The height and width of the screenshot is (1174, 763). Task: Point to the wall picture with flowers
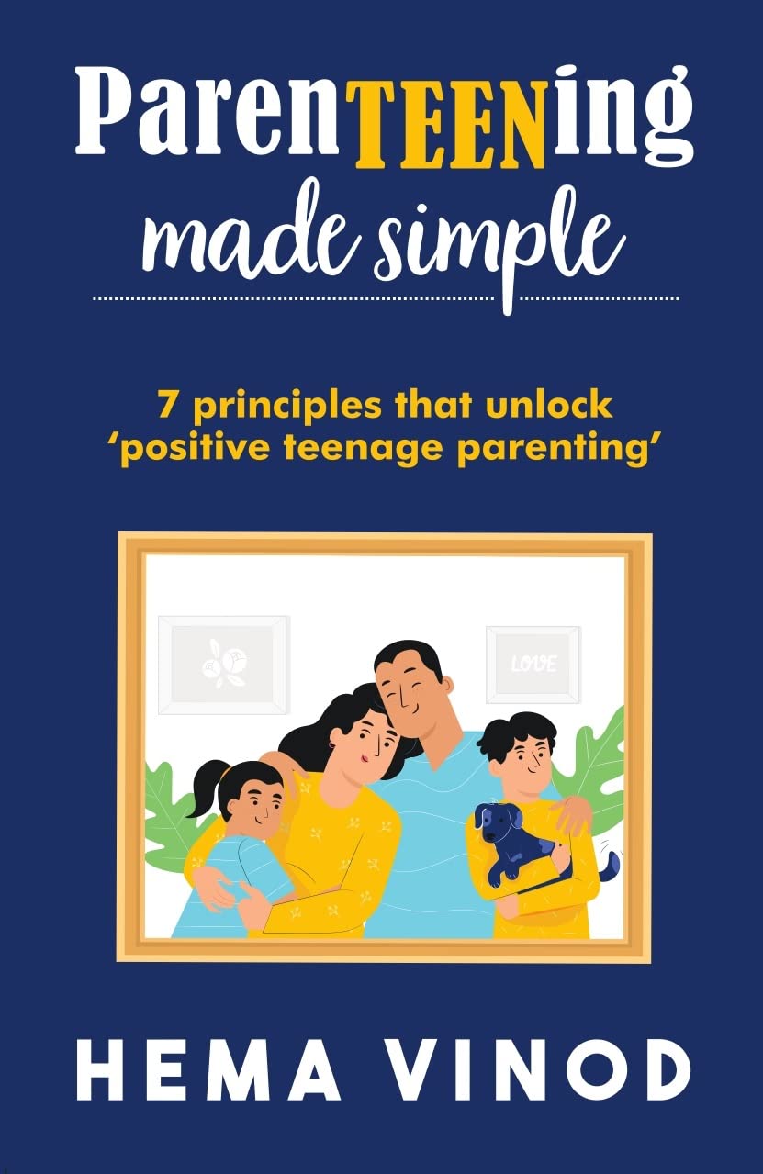click(x=223, y=664)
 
